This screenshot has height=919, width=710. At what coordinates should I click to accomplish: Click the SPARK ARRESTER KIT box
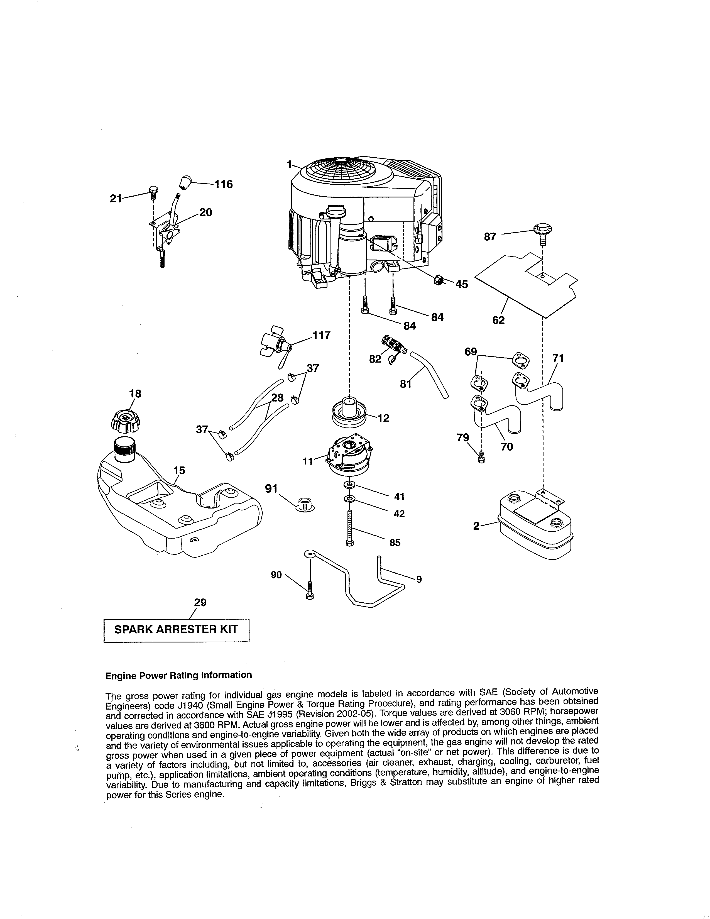(x=176, y=630)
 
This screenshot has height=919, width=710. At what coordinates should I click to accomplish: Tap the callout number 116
(x=224, y=184)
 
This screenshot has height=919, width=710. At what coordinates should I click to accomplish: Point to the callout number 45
(x=461, y=284)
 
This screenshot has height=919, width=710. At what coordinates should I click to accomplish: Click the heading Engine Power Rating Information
(x=178, y=675)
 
